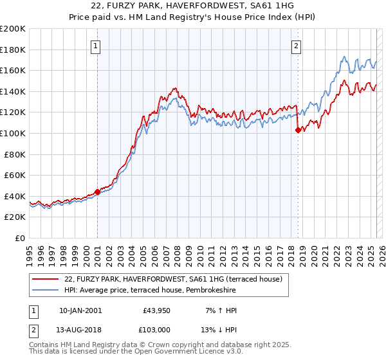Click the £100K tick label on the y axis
coord(13,133)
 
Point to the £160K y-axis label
coord(13,70)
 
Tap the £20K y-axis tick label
coord(15,217)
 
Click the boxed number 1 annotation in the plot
coord(96,46)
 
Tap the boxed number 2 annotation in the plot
coord(297,46)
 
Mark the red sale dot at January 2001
coord(97,192)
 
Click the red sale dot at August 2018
coord(298,130)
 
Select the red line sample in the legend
coord(45,280)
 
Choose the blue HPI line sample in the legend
coord(45,291)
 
